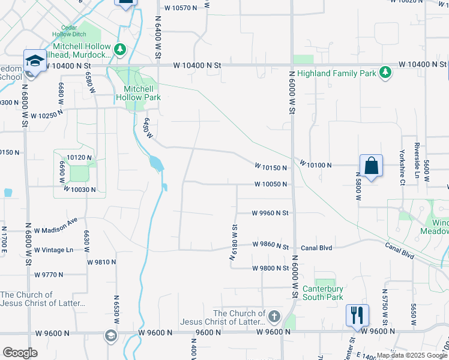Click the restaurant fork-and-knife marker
357,314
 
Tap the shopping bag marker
371,165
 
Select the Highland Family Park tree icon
385,73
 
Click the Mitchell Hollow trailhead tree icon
120,48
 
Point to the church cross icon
274,316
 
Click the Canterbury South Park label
322,292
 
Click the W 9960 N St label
270,212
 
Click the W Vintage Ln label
53,250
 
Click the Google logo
20,353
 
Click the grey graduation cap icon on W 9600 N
111,335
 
